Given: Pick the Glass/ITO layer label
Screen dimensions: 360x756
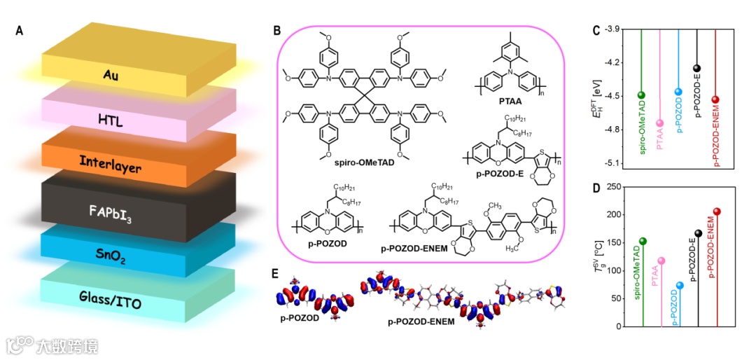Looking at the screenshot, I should (x=114, y=303).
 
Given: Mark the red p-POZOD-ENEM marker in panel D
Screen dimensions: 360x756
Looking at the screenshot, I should (x=716, y=212).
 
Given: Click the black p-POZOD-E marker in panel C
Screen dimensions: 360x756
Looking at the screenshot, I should (x=697, y=68).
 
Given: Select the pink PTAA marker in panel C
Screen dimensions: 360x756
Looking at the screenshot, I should (x=660, y=123).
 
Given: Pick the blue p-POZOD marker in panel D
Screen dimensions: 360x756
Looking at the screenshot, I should (x=679, y=285).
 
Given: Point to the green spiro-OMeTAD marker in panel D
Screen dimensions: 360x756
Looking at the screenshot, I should (x=643, y=241).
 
